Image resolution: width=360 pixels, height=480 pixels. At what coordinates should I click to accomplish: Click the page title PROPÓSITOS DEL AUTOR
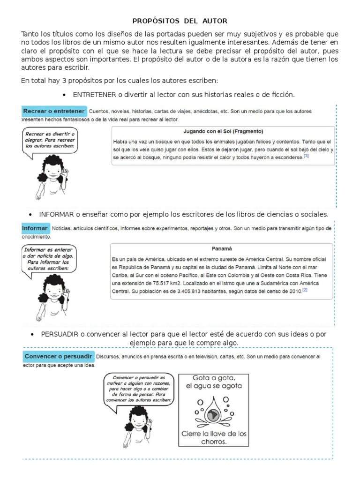click(x=180, y=21)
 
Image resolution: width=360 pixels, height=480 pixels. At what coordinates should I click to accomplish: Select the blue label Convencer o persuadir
click(x=58, y=356)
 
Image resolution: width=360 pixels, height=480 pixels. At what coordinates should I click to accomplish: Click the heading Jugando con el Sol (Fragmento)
click(x=223, y=131)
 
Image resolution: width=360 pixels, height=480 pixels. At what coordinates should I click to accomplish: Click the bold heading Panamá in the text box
click(x=222, y=249)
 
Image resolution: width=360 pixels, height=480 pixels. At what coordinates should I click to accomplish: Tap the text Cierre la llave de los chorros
click(x=214, y=437)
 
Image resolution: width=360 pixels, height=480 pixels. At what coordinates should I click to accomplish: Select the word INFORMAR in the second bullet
click(x=57, y=214)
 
